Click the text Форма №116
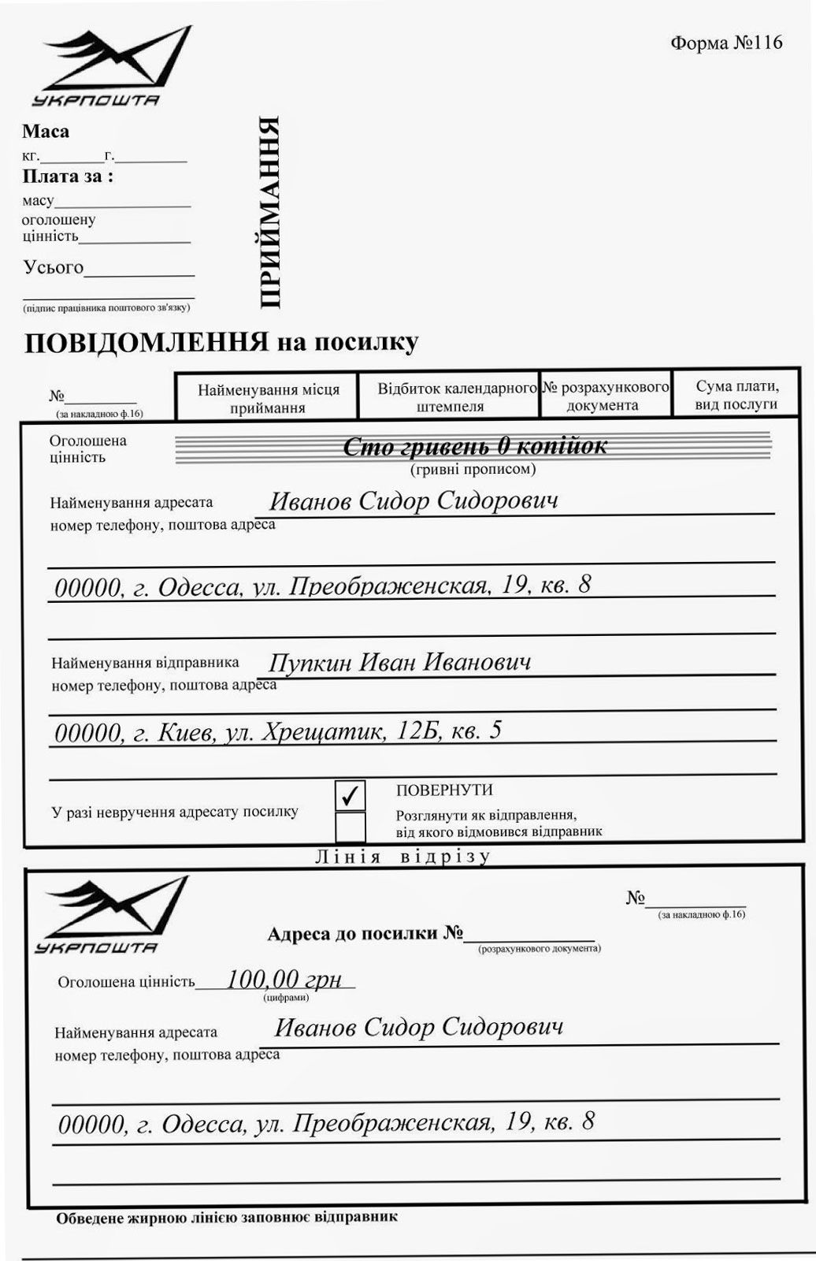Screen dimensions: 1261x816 [726, 43]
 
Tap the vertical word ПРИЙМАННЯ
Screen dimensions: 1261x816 [269, 213]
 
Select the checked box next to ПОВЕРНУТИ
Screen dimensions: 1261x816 [350, 795]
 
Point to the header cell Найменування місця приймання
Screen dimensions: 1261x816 [268, 398]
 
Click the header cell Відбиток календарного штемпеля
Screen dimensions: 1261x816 [450, 397]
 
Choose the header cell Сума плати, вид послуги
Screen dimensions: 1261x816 [736, 396]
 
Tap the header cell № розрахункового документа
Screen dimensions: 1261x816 [605, 396]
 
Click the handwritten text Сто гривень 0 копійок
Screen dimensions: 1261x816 [475, 447]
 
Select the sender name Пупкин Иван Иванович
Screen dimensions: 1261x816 [399, 662]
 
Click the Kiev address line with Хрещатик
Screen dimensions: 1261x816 [277, 731]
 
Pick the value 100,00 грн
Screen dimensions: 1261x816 [284, 980]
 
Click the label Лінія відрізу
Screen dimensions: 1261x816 [402, 857]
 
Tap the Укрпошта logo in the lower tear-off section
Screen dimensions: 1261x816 [110, 914]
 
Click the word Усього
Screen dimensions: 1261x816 [53, 267]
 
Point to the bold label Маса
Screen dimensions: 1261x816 [46, 132]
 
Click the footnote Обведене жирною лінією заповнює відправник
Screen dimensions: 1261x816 [227, 1217]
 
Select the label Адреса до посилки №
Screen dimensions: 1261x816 [365, 934]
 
